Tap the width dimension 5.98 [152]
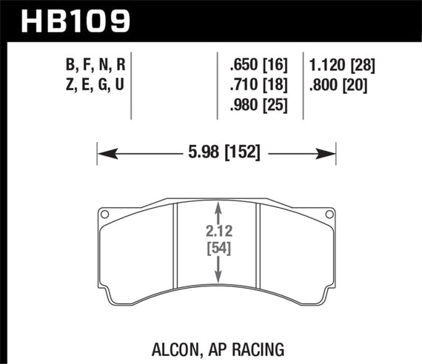pos(217,154)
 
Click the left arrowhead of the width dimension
pos(104,154)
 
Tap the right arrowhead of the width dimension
pos(330,154)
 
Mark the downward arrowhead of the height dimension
pos(217,278)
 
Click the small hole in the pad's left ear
pos(104,215)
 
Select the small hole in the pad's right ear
pos(329,215)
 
